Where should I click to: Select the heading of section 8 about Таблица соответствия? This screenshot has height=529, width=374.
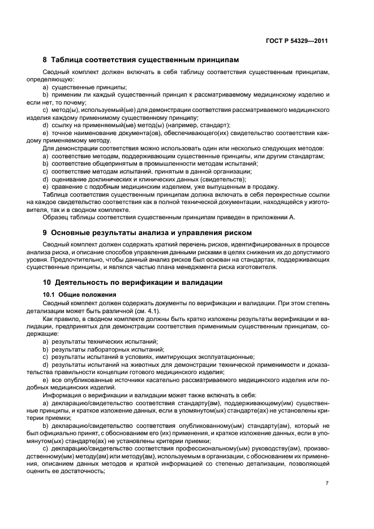point(141,59)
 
